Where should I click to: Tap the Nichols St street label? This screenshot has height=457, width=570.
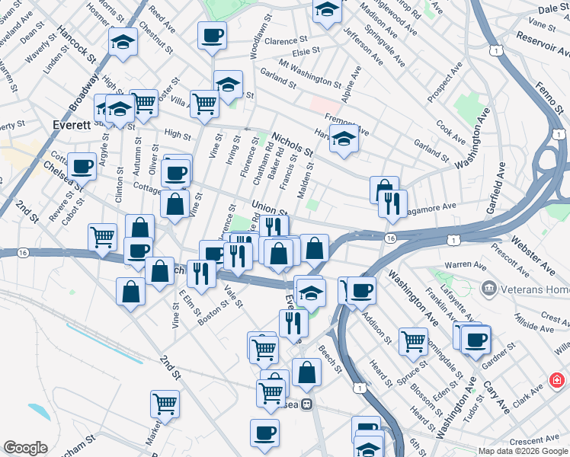(293, 141)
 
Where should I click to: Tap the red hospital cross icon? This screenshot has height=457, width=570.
(558, 379)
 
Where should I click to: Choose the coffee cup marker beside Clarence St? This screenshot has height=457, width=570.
(212, 35)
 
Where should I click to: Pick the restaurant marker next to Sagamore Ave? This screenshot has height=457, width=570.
(392, 203)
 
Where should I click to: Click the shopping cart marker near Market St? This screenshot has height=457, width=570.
(165, 404)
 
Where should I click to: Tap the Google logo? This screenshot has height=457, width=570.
(25, 448)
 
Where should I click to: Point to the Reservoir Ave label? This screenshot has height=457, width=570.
(543, 45)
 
